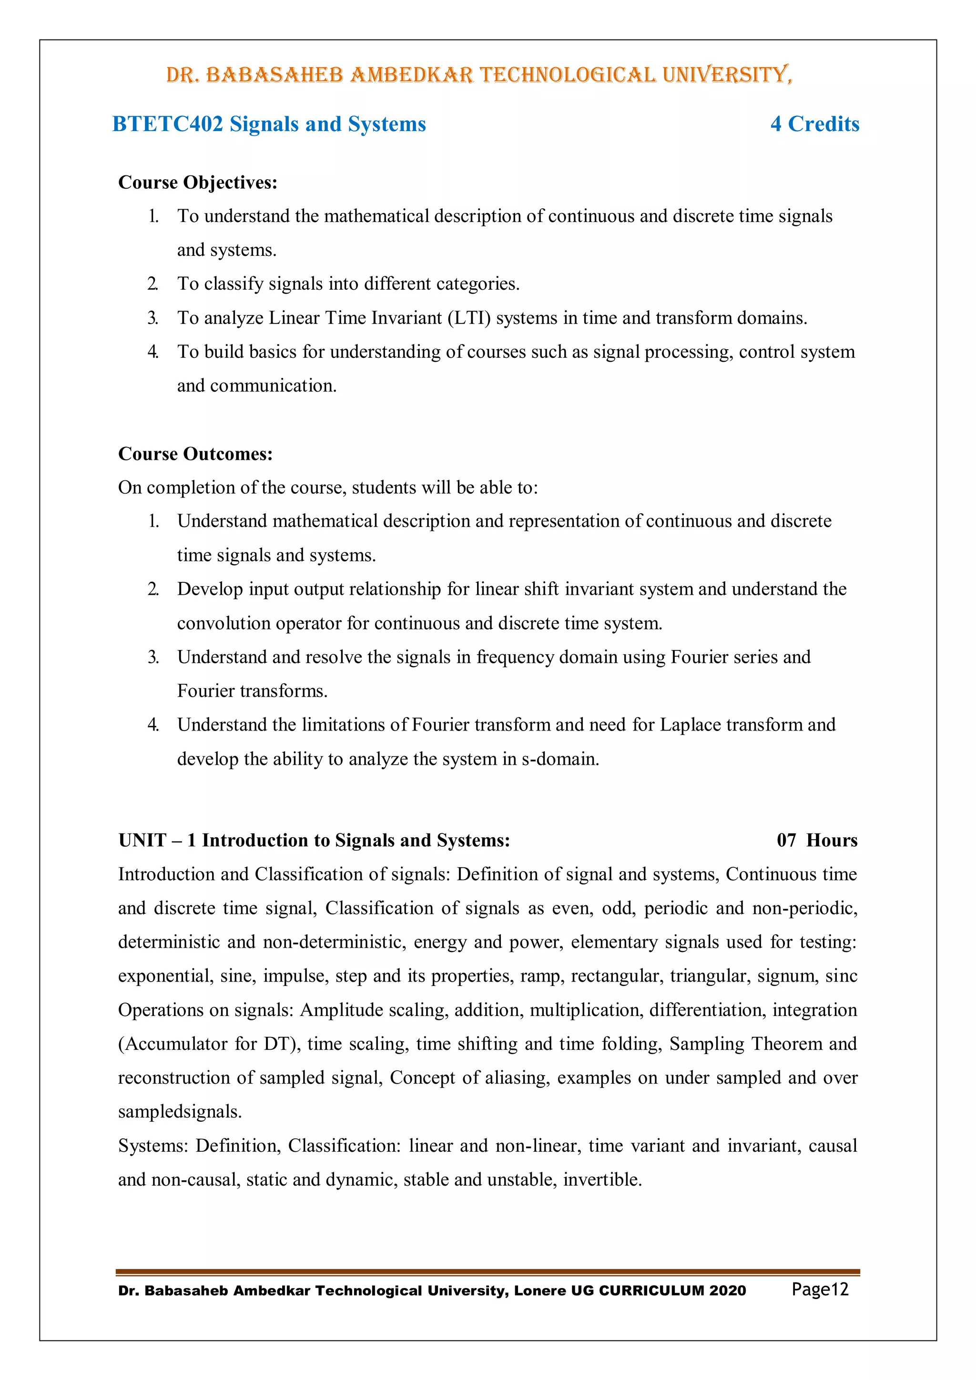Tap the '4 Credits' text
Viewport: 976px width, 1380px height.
click(814, 124)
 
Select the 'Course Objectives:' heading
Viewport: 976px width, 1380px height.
click(198, 182)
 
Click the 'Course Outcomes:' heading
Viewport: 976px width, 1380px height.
click(195, 454)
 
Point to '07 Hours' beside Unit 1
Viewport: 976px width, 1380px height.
click(817, 840)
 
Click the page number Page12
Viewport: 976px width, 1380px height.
click(820, 1289)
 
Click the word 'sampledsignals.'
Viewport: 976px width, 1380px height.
click(180, 1112)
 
